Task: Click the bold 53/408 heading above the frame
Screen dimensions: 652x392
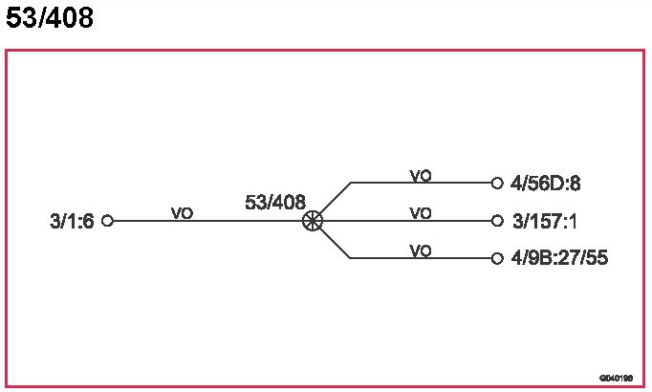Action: [50, 18]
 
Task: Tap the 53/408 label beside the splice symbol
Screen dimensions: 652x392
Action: [275, 203]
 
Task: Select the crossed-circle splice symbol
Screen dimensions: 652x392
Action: [313, 221]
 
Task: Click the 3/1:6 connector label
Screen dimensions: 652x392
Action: [72, 222]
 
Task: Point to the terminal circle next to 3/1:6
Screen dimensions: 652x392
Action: [107, 221]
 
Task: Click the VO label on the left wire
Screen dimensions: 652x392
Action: [182, 213]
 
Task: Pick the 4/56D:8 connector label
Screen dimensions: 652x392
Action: [546, 183]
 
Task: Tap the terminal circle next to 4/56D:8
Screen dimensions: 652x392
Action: [497, 183]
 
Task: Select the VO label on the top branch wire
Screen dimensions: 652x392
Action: [421, 175]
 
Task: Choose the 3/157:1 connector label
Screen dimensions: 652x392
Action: [544, 222]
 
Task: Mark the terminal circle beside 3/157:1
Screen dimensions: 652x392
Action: [497, 221]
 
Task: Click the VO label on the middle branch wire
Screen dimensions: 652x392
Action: [421, 213]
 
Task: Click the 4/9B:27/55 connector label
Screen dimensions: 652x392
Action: [560, 258]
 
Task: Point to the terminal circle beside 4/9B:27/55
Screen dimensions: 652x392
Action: [497, 258]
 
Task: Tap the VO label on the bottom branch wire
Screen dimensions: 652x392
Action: [421, 250]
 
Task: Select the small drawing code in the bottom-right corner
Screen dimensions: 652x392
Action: [617, 378]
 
